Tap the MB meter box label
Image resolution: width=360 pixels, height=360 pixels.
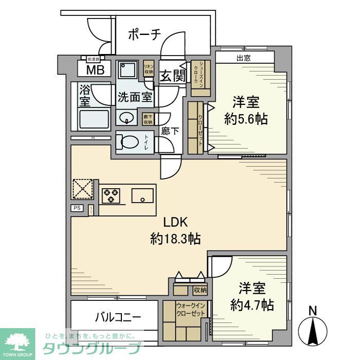tap(94, 70)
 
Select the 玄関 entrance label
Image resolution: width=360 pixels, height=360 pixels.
tap(172, 76)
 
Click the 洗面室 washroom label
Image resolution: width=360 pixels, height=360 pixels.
tap(135, 96)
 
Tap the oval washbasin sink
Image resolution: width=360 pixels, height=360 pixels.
tap(125, 118)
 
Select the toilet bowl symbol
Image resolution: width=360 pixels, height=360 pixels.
tap(128, 141)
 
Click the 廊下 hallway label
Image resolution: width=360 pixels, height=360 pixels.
tap(170, 132)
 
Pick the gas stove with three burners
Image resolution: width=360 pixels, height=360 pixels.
tap(111, 196)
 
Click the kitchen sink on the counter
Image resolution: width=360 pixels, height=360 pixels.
tap(141, 196)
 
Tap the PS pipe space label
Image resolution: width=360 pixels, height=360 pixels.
tap(77, 208)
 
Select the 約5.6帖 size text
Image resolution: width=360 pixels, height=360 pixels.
tap(246, 119)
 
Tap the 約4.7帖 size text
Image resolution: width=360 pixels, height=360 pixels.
tap(252, 304)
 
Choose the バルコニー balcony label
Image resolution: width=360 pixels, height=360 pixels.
tap(118, 317)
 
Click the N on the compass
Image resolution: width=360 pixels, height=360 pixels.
tap(312, 310)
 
